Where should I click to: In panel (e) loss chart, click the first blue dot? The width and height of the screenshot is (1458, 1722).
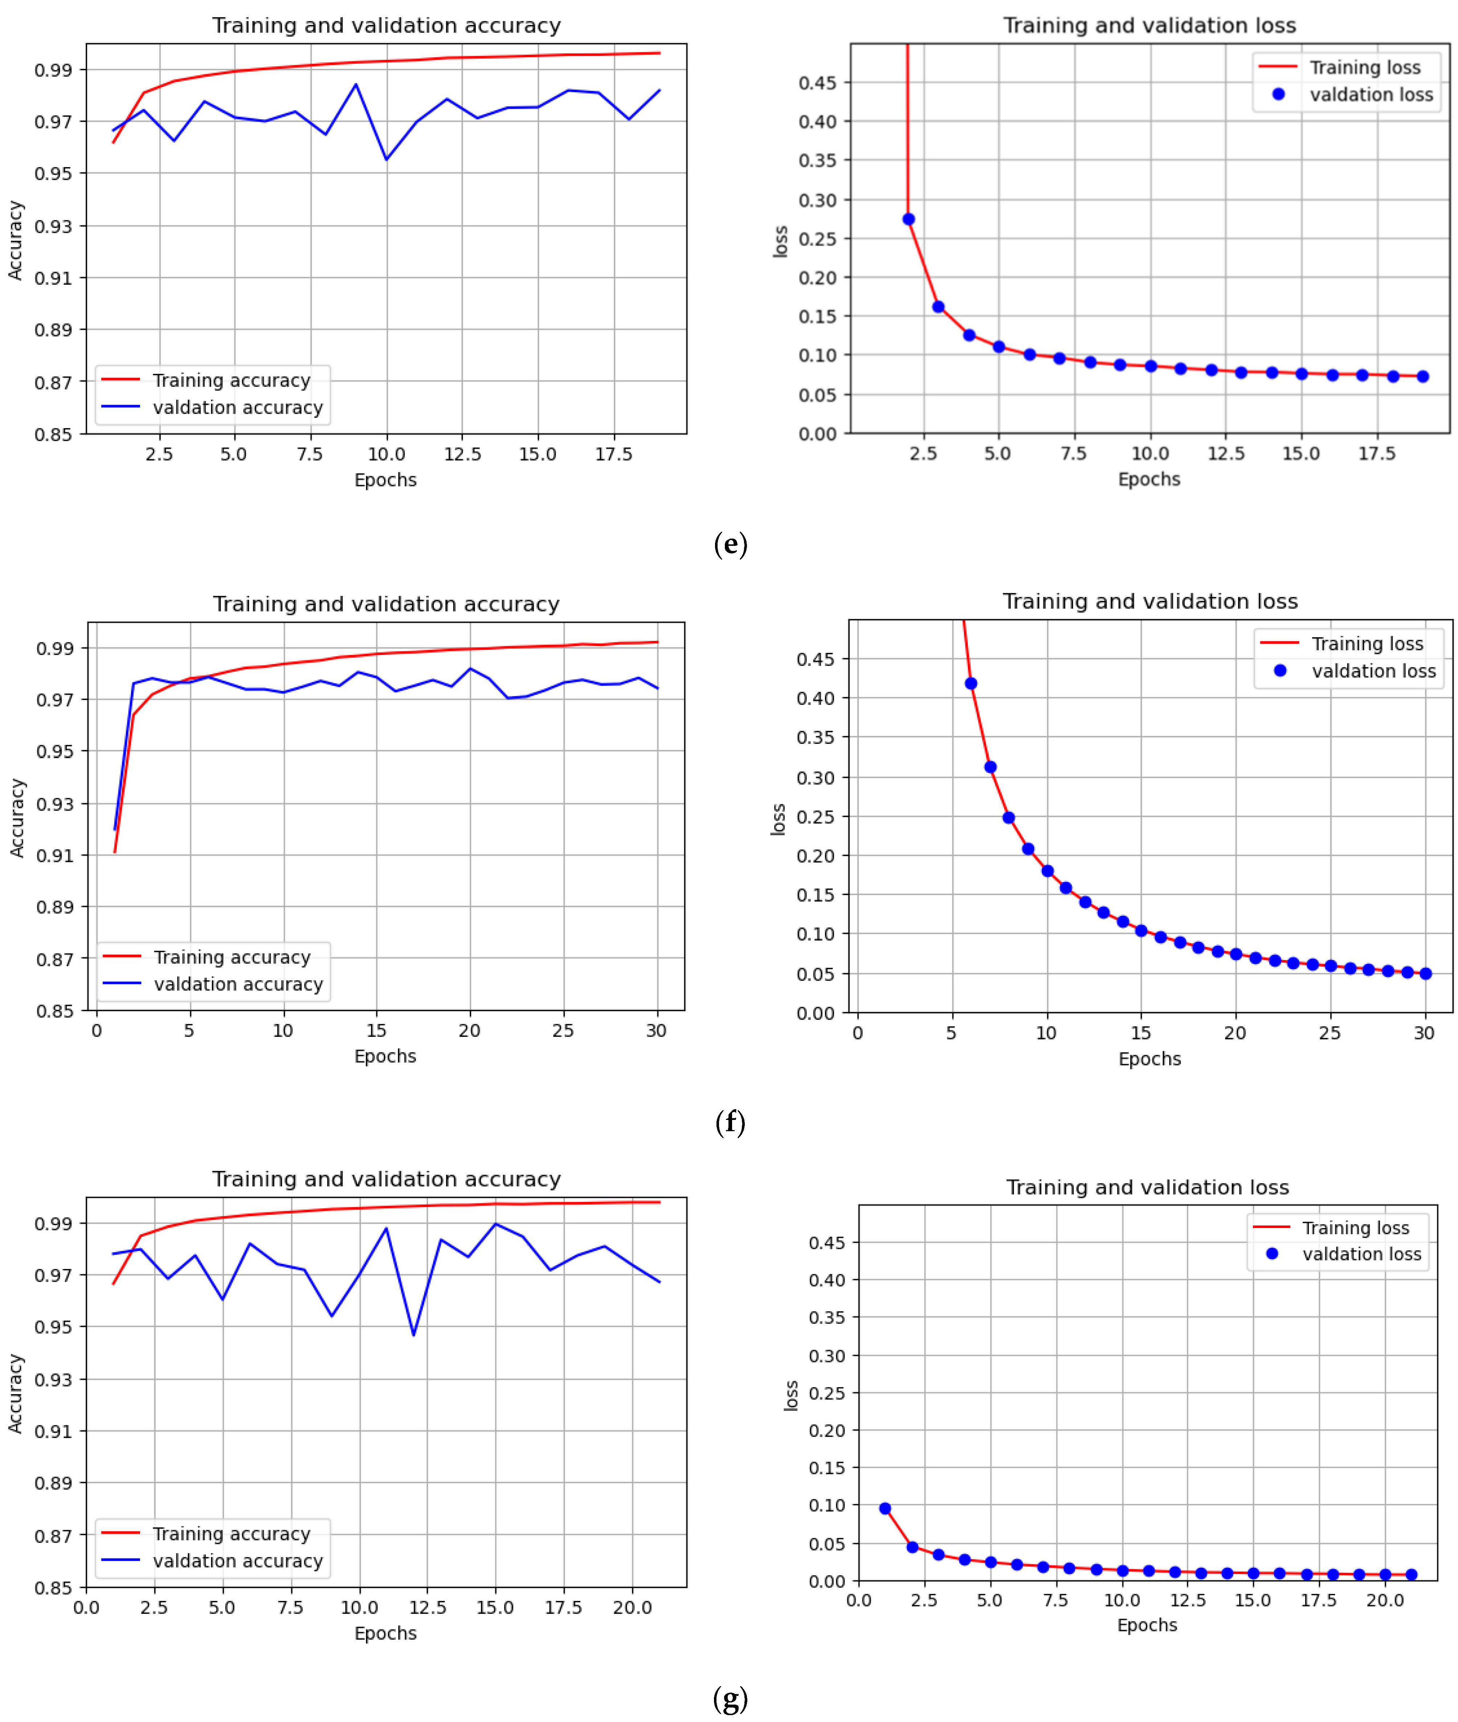tap(908, 219)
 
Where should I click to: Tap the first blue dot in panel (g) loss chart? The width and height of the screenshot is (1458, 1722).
tap(885, 1508)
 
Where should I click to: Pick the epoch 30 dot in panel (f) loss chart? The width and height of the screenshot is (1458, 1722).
tap(1425, 973)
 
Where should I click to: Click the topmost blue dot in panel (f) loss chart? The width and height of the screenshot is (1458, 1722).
tap(971, 683)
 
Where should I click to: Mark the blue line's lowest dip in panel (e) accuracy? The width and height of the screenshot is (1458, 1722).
tap(386, 158)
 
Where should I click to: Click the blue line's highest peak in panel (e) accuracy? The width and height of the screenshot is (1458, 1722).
tap(356, 84)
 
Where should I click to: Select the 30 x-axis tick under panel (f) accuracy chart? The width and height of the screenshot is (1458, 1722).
tap(656, 1030)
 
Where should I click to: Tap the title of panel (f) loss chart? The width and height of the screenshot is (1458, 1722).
tap(1150, 602)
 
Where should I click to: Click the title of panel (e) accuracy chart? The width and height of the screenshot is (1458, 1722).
tap(386, 26)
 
